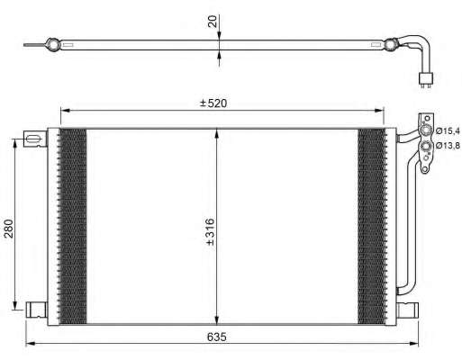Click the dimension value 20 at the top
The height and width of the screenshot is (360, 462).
click(x=213, y=22)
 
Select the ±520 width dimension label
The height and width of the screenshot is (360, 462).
click(x=213, y=103)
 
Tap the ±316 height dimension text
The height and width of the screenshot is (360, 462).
click(x=211, y=232)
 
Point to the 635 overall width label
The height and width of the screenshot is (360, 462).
click(x=217, y=337)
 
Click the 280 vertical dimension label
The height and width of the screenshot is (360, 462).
click(x=9, y=229)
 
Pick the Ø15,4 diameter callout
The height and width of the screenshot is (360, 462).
click(x=448, y=130)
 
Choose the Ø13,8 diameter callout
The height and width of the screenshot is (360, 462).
click(x=448, y=146)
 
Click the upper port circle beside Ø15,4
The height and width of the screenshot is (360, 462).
click(x=426, y=130)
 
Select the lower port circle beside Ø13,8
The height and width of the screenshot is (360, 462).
click(x=426, y=147)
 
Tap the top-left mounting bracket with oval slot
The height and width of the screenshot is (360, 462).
click(x=35, y=139)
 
